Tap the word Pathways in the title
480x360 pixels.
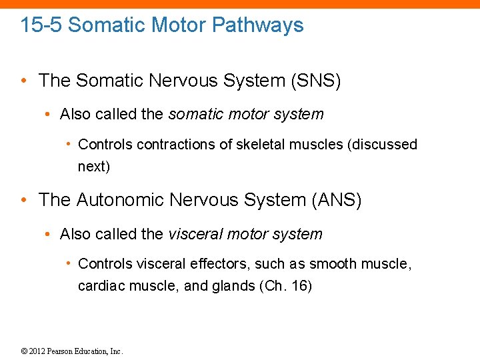pyautogui.click(x=263, y=25)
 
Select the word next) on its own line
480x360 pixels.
pyautogui.click(x=94, y=167)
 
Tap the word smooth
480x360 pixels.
pyautogui.click(x=334, y=264)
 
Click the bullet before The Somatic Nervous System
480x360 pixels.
pyautogui.click(x=24, y=81)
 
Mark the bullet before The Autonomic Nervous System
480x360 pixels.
pyautogui.click(x=24, y=200)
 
